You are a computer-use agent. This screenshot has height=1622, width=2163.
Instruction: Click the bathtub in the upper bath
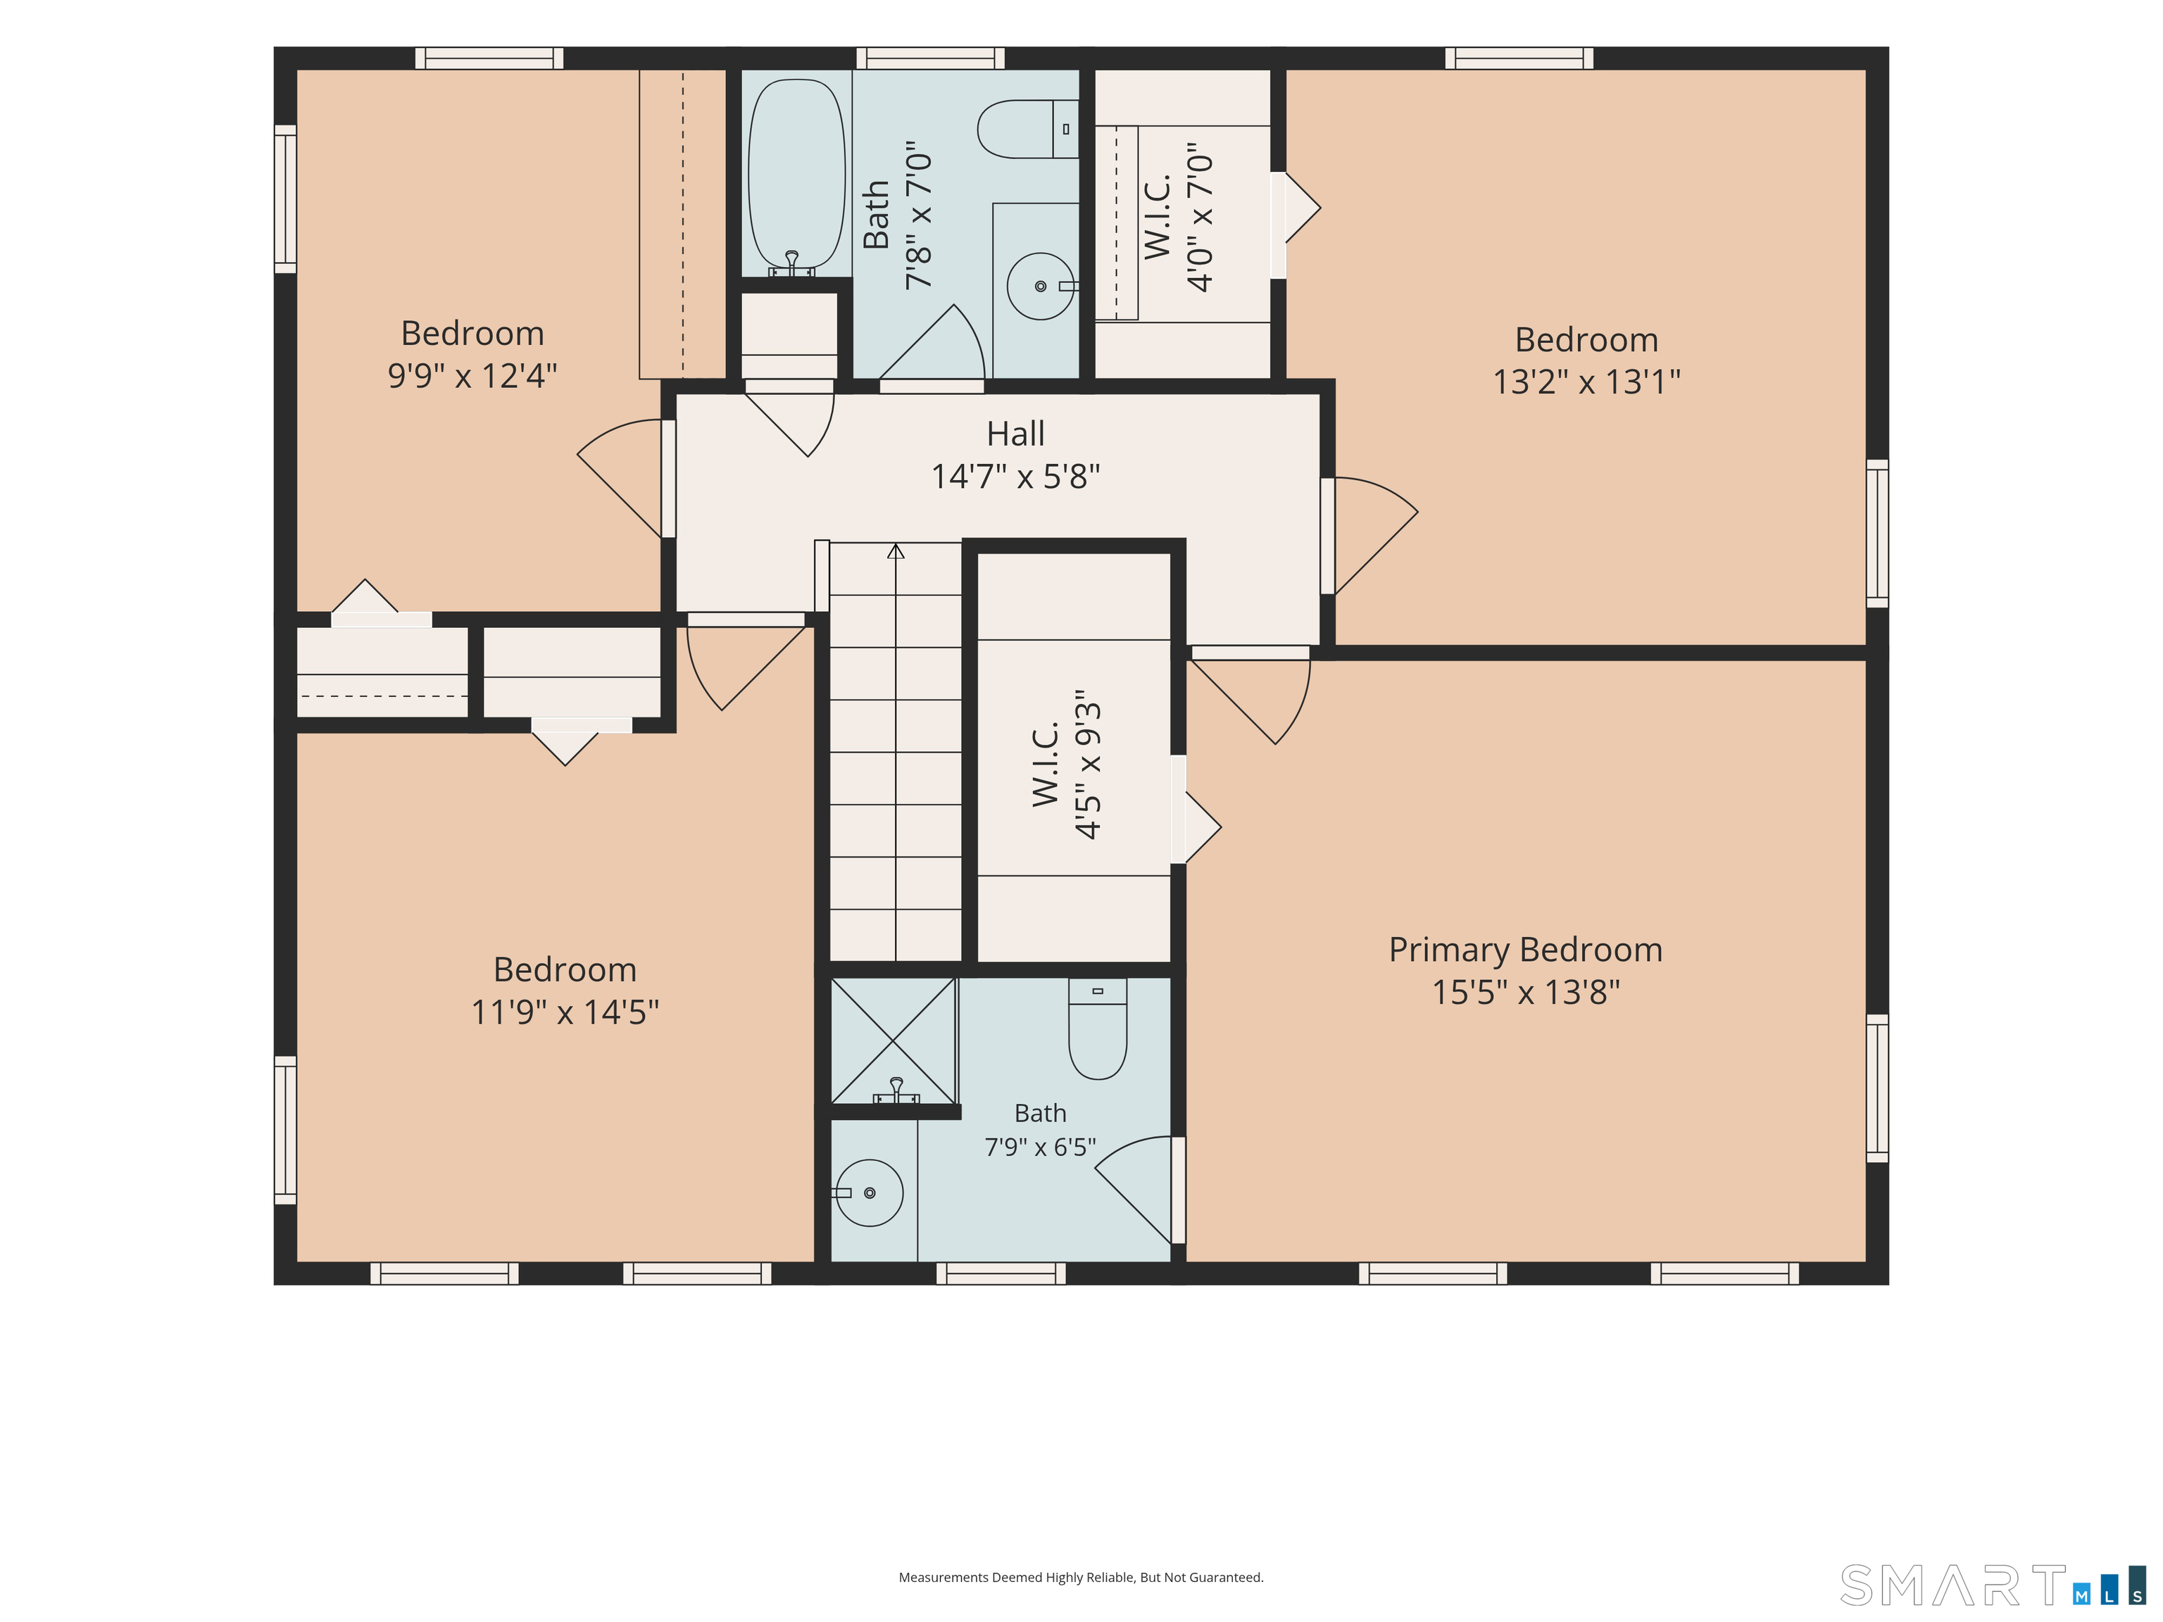(796, 176)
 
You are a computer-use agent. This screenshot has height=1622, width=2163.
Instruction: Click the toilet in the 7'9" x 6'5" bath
(1097, 1029)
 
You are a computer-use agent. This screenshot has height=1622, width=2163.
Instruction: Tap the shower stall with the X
(893, 1041)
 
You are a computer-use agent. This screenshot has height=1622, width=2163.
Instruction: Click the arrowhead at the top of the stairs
(896, 551)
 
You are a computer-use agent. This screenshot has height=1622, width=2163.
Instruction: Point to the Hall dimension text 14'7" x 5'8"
(1015, 476)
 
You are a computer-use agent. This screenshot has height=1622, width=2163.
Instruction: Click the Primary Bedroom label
(1526, 950)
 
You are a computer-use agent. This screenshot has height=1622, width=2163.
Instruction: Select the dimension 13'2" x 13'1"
(1586, 382)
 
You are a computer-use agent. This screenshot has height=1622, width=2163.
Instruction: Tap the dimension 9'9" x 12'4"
(472, 375)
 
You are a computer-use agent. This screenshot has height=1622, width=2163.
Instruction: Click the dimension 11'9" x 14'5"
(565, 1012)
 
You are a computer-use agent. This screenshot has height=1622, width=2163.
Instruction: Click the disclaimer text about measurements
(1081, 1577)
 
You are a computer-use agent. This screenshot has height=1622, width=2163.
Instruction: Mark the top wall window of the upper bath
(930, 58)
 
